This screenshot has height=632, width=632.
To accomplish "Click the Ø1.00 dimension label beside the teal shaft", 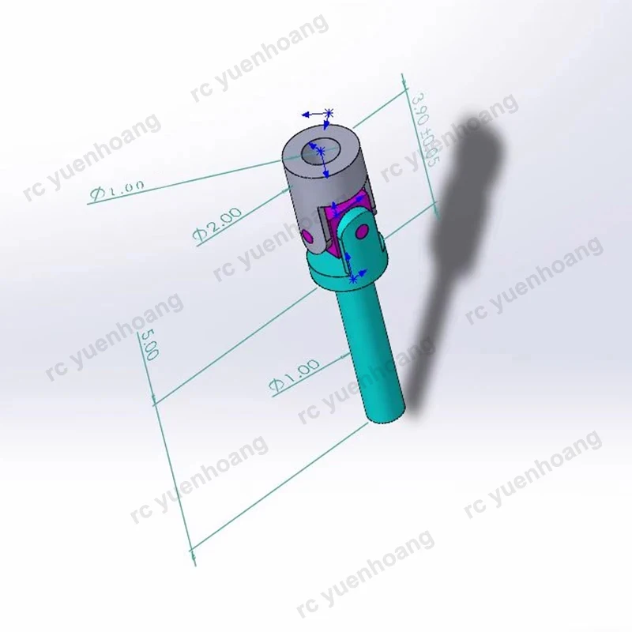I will (294, 375).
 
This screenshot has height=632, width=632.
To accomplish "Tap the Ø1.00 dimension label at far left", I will (118, 190).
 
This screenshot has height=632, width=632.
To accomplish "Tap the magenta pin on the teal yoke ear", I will (363, 231).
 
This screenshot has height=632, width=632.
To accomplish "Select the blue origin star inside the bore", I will (320, 149).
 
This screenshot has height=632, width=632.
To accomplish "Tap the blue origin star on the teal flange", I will (353, 278).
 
